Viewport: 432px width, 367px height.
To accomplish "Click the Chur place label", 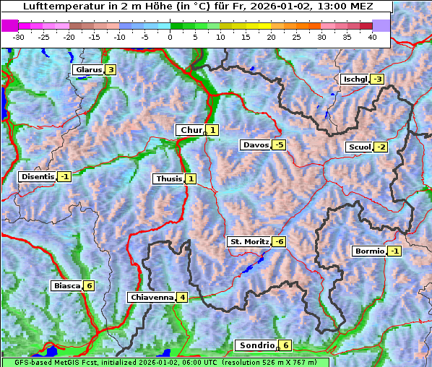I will point(191,130).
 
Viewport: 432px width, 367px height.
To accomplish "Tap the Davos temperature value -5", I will point(279,145).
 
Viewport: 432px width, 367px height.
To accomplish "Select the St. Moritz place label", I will point(249,241).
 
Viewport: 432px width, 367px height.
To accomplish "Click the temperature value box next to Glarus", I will point(110,70).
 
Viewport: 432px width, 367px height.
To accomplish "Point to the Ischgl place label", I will point(355,79).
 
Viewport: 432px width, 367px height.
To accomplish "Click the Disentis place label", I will point(38,176).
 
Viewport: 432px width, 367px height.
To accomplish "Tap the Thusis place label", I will point(168,178).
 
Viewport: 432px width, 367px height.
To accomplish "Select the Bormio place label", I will point(369,251).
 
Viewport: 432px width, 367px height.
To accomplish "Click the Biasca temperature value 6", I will point(89,285).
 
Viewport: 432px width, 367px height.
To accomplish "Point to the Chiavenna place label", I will point(151,297).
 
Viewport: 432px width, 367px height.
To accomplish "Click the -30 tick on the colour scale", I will point(19,36).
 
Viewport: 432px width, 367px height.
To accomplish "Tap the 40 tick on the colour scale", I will point(372,36).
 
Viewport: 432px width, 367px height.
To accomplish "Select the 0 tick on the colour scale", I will point(170,36).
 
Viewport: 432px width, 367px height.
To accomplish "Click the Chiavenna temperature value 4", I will point(182,297).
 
